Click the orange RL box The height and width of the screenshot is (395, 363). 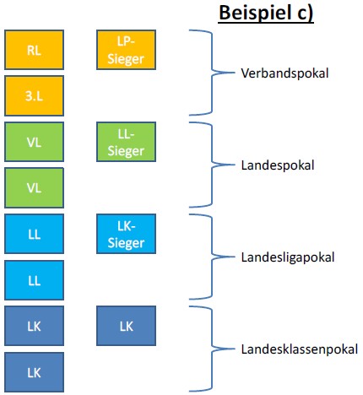coord(34,50)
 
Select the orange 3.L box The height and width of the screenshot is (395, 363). coord(34,96)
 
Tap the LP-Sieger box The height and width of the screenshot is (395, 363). coord(126,50)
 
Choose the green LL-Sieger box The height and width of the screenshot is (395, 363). coord(126,142)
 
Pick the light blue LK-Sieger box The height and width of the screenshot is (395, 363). coord(126,234)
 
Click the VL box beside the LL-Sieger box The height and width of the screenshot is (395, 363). coord(34,142)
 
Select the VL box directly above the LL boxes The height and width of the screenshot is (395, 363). coord(34,187)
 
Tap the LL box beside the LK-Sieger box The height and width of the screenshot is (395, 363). coord(34,234)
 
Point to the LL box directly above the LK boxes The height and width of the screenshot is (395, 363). coord(34,280)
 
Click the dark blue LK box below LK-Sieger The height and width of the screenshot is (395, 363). coord(126,326)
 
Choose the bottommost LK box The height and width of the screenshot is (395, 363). coord(34,372)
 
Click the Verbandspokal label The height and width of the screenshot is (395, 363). coord(284,73)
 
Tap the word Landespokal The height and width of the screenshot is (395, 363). coord(278,165)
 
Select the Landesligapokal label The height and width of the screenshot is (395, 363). coord(288,257)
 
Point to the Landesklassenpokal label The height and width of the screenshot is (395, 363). coord(300,349)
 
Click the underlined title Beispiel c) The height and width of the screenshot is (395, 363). coord(266,13)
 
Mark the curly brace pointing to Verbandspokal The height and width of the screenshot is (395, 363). coord(212,73)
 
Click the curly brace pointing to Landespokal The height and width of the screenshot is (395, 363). coord(212,165)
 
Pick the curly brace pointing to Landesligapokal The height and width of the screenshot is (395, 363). coord(212,257)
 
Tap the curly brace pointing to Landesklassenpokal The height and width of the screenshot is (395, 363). coord(212,349)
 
